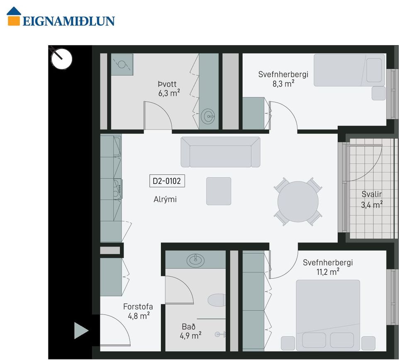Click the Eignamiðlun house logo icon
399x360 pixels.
coord(14,16)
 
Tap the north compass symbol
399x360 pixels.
coord(61,59)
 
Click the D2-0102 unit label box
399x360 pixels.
coord(167,181)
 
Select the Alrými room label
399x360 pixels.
coord(165,199)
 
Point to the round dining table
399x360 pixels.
coord(298,201)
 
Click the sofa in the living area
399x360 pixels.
coord(220,152)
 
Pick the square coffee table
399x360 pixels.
coord(219,191)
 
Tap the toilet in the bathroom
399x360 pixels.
coord(217,300)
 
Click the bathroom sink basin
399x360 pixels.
coord(195,260)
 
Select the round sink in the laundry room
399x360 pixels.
coord(208,117)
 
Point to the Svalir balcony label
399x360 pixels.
coord(372,194)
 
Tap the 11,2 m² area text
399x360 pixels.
coord(328,272)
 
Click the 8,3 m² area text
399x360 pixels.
coord(283,83)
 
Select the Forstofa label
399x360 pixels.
coord(138,306)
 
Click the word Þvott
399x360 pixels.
coord(167,84)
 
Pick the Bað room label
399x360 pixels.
coord(189,326)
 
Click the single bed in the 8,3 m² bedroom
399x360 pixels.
coord(349,70)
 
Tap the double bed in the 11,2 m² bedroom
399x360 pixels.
coord(328,315)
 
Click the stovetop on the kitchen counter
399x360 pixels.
coord(117,189)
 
